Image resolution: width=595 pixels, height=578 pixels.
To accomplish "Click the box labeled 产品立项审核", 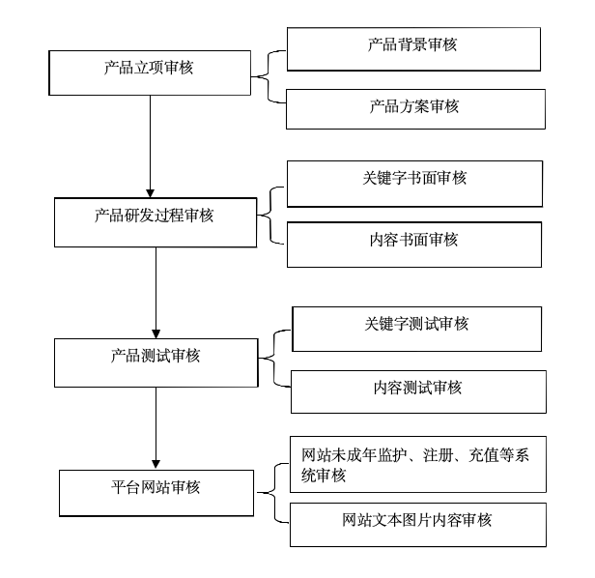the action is [150, 72].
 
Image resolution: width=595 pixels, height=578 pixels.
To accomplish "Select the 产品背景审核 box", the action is [413, 49].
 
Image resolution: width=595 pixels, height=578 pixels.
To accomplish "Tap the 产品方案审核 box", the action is [415, 109].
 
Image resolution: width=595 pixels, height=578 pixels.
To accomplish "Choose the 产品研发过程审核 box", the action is [156, 222].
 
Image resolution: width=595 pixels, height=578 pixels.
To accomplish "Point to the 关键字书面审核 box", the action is [414, 184].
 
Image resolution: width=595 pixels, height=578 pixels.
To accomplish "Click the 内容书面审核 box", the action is [414, 245].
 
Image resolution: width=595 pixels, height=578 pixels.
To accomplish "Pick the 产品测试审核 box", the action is [156, 363].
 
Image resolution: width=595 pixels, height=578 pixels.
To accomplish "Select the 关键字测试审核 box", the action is [416, 330].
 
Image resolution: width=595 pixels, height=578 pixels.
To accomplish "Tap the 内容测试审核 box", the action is [418, 391].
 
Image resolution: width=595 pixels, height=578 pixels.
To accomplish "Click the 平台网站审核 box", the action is [156, 493].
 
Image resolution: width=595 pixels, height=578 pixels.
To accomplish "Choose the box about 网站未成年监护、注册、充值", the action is [418, 465].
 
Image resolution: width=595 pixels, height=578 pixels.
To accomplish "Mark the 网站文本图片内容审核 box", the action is [418, 525].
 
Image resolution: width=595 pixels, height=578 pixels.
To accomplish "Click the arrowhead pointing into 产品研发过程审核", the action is [151, 193].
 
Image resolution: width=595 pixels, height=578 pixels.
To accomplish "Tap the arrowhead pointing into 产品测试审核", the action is [156, 334].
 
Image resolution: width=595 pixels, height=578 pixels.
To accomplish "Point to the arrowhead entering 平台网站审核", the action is [156, 465].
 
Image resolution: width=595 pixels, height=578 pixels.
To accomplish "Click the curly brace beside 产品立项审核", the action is [269, 76].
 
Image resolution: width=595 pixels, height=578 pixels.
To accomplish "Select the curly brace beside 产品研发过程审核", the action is [269, 216].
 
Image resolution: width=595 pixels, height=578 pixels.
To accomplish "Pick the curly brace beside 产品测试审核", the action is [273, 359].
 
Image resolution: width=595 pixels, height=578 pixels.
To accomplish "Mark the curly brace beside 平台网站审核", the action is [274, 493].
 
